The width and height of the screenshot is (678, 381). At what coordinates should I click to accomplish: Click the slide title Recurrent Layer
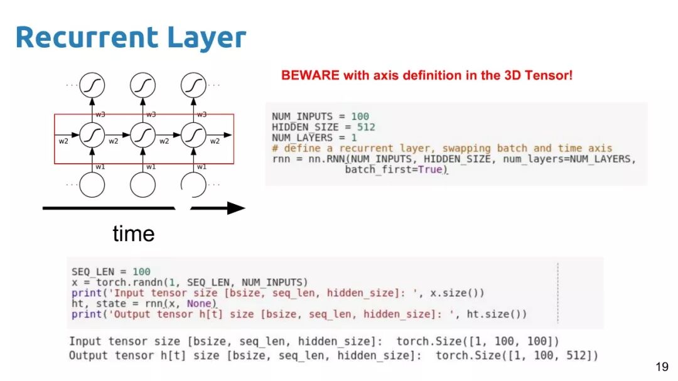click(131, 38)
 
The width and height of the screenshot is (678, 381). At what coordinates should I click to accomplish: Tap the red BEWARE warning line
click(427, 76)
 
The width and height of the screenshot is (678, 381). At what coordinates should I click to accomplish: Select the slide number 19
click(662, 367)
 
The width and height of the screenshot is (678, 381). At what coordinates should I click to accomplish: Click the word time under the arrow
click(133, 234)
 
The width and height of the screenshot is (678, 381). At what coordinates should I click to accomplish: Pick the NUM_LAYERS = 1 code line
click(315, 138)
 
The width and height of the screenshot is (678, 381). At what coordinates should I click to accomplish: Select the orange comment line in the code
click(441, 149)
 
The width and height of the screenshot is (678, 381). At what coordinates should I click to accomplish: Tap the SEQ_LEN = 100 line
click(110, 272)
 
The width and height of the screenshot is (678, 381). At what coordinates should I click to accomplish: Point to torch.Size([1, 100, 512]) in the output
click(517, 356)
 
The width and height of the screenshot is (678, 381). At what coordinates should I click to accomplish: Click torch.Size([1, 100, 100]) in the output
click(478, 341)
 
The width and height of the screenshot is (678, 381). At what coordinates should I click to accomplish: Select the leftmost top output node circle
click(92, 85)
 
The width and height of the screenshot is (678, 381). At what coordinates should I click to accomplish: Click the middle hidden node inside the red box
click(143, 134)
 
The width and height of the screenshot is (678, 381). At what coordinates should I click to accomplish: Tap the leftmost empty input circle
click(92, 184)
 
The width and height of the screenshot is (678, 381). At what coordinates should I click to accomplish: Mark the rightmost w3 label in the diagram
click(202, 114)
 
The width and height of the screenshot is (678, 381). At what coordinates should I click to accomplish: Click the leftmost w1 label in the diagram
click(100, 166)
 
